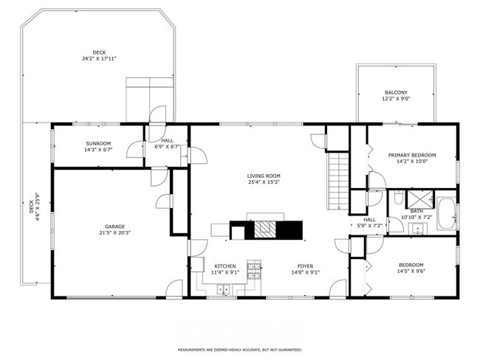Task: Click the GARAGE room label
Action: pyautogui.click(x=114, y=226)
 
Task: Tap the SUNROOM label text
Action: pyautogui.click(x=98, y=143)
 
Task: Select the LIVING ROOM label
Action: pyautogui.click(x=264, y=176)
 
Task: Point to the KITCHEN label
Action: pyautogui.click(x=225, y=266)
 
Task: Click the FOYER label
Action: pyautogui.click(x=305, y=266)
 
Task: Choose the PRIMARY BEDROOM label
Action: pyautogui.click(x=412, y=155)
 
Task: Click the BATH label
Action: pyautogui.click(x=416, y=211)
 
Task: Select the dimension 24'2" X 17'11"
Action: pyautogui.click(x=99, y=58)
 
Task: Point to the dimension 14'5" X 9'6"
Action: pyautogui.click(x=411, y=271)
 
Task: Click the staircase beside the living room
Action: pyautogui.click(x=338, y=181)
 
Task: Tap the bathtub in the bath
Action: pyautogui.click(x=446, y=213)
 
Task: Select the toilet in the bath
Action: pyautogui.click(x=398, y=197)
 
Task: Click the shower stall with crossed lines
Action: pyautogui.click(x=419, y=199)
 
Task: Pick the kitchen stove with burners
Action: pyautogui.click(x=254, y=270)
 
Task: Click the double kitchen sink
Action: pyautogui.click(x=224, y=289)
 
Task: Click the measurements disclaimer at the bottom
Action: pyautogui.click(x=240, y=350)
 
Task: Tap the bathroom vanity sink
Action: pyautogui.click(x=417, y=229)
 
